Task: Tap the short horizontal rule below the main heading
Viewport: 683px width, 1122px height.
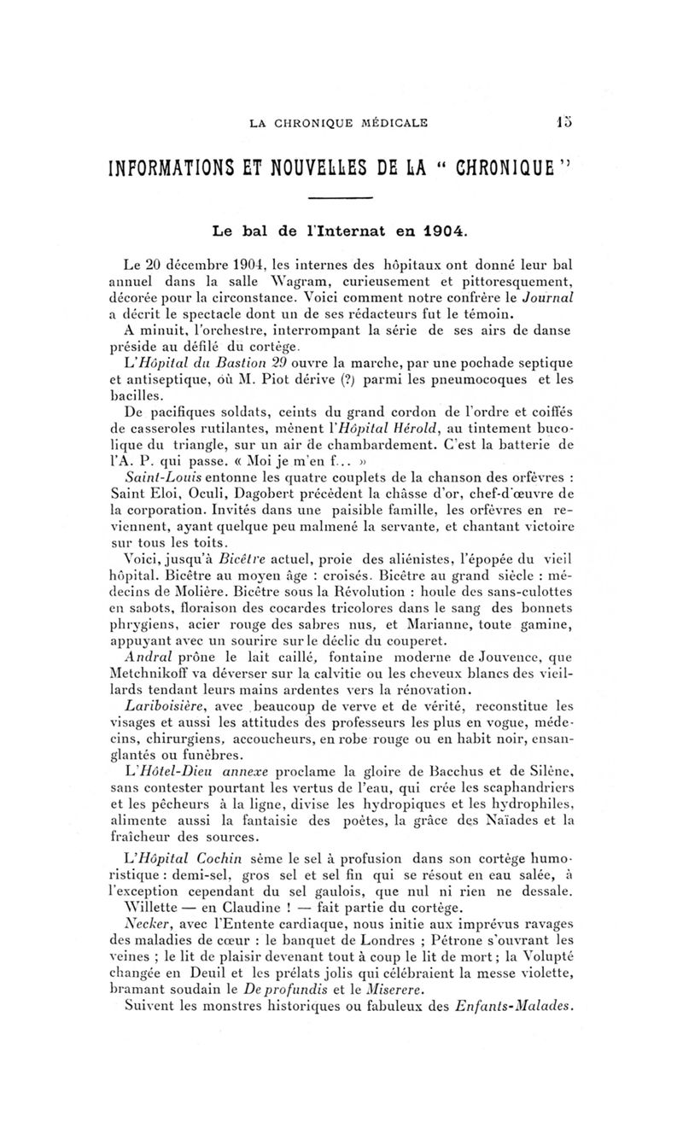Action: tap(341, 198)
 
